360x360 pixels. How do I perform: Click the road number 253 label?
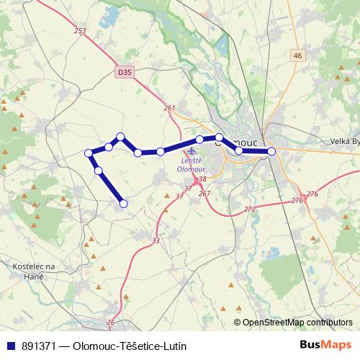(79, 31)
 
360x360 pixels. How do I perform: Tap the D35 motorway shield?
(125, 72)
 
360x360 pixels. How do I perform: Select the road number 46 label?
(298, 55)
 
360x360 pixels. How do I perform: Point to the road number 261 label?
(169, 108)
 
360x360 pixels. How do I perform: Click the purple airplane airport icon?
(192, 151)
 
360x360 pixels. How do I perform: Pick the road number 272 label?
(249, 209)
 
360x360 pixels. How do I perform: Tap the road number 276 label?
(311, 194)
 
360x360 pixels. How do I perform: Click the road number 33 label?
(156, 240)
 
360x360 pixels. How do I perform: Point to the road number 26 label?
(110, 321)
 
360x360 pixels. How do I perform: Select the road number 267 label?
(204, 193)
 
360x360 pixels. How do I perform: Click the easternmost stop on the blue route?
(271, 151)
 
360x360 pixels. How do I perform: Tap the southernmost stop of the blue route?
(123, 204)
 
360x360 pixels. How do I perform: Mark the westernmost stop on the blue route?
(89, 153)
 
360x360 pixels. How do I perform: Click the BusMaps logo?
(325, 345)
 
